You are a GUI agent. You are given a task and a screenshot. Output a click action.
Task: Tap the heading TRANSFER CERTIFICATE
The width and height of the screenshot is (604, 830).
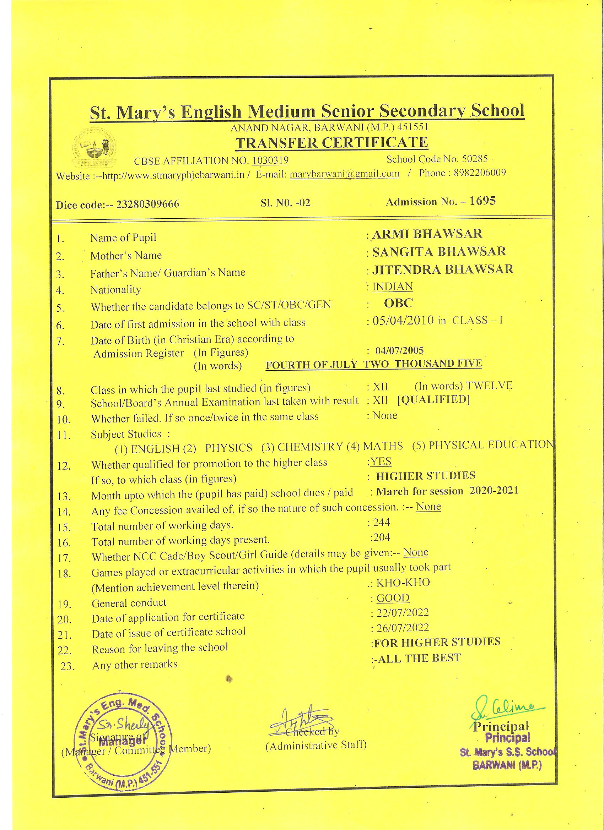(332, 143)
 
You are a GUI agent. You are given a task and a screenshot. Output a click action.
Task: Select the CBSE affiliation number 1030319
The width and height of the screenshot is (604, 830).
(270, 160)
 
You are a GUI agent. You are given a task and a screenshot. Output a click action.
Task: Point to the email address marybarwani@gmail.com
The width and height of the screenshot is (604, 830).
(344, 174)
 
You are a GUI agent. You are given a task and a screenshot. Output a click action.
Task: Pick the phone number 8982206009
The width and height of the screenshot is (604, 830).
(480, 173)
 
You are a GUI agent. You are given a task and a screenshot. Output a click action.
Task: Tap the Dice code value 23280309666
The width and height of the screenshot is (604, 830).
(147, 204)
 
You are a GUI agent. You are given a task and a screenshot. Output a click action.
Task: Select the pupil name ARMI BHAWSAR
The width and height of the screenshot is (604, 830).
(427, 234)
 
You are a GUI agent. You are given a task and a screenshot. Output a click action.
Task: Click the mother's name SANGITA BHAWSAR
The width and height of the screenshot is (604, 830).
(439, 251)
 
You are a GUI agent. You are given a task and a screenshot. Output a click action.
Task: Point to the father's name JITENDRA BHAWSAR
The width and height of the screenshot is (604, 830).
(442, 269)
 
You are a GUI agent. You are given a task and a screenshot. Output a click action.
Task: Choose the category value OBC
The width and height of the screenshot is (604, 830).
(398, 303)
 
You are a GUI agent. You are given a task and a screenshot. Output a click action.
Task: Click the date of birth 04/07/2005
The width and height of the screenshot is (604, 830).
(400, 351)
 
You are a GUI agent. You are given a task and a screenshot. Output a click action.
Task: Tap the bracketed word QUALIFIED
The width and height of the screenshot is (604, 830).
(433, 399)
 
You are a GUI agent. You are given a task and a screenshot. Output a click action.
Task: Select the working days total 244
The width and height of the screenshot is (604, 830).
(381, 522)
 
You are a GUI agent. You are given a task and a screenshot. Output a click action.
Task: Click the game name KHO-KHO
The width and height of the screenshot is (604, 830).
(403, 583)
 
